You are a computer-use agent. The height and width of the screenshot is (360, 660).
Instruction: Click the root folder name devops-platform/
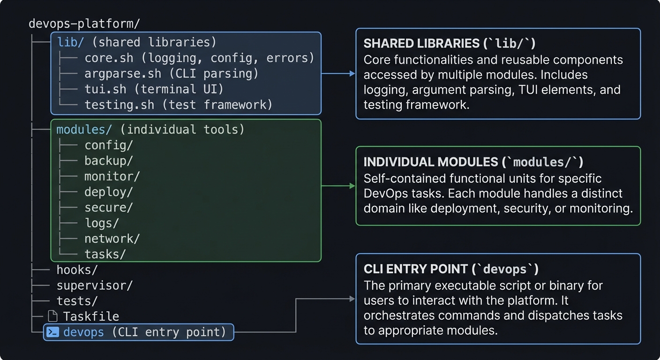click(x=84, y=24)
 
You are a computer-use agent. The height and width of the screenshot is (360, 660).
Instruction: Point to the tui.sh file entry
click(x=101, y=89)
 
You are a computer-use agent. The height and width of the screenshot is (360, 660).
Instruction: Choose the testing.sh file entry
click(x=119, y=105)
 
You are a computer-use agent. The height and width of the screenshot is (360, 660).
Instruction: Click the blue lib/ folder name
click(x=71, y=42)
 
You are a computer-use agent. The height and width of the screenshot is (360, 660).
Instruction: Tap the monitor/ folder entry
click(x=112, y=176)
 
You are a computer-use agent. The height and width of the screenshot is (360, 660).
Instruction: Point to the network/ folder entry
click(x=112, y=239)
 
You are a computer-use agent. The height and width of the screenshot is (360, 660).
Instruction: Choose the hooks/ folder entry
click(x=77, y=270)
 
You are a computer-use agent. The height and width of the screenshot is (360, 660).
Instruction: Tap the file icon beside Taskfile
click(x=53, y=316)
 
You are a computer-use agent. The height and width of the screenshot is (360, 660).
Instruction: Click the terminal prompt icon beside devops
click(x=53, y=332)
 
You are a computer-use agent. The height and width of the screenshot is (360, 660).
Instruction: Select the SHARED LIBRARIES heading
click(x=450, y=44)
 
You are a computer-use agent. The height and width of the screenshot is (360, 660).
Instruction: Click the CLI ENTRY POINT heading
click(x=451, y=269)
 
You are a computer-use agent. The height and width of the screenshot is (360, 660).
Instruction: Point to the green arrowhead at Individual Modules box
click(x=352, y=186)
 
